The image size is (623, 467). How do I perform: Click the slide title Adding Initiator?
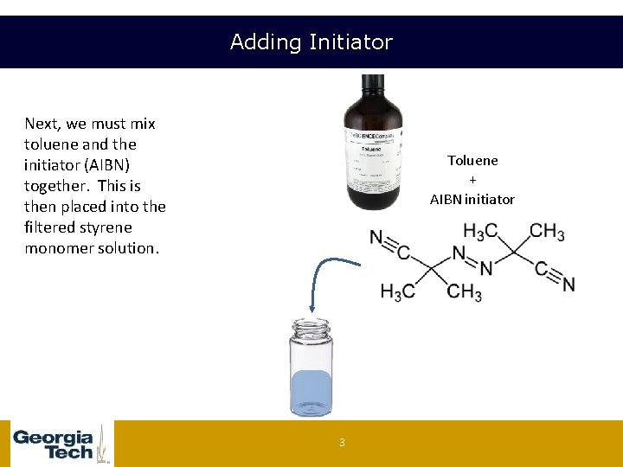click(x=311, y=42)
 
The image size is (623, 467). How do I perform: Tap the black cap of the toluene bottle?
click(x=373, y=85)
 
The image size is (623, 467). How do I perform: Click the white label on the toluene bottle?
click(x=370, y=160)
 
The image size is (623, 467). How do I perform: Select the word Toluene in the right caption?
click(x=472, y=161)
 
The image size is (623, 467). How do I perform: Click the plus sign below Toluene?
click(x=472, y=180)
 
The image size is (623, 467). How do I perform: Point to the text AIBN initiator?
click(x=472, y=199)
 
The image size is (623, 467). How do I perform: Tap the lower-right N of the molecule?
click(x=568, y=284)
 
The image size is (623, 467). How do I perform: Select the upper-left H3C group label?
click(x=481, y=232)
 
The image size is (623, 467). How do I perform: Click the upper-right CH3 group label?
click(x=547, y=232)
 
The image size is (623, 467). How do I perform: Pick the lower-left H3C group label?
click(x=397, y=291)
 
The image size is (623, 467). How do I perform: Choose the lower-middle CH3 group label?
click(x=465, y=291)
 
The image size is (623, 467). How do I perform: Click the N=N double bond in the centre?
click(x=472, y=260)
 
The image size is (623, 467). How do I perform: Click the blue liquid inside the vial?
click(x=311, y=390)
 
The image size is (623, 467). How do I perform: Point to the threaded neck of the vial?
click(x=311, y=329)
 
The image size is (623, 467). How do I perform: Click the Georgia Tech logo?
click(x=57, y=444)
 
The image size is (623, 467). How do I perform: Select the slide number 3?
click(x=342, y=443)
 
